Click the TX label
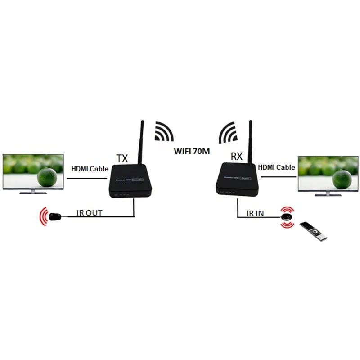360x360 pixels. [122, 159]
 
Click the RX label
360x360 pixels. [237, 157]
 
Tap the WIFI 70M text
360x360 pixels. [192, 151]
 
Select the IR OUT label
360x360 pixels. [90, 213]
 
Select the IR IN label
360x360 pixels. [254, 213]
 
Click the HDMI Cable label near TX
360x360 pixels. [90, 169]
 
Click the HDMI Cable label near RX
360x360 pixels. [277, 167]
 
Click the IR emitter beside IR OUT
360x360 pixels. [55, 217]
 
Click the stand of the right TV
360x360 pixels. [328, 194]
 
